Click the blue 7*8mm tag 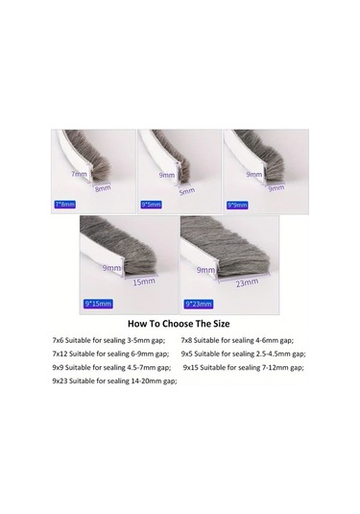click(x=64, y=205)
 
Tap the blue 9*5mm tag click(x=151, y=205)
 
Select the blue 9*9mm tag click(x=236, y=205)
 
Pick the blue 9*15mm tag click(x=98, y=304)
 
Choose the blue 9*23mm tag click(x=197, y=304)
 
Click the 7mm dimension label click(x=79, y=174)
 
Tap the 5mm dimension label click(x=186, y=190)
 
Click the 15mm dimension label click(x=144, y=281)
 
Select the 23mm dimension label click(x=247, y=283)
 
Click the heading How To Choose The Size click(x=179, y=324)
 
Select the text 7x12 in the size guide click(x=61, y=355)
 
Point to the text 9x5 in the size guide click(x=189, y=355)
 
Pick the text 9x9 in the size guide click(x=60, y=368)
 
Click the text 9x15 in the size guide click(x=194, y=368)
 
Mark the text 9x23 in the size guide click(x=62, y=381)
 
